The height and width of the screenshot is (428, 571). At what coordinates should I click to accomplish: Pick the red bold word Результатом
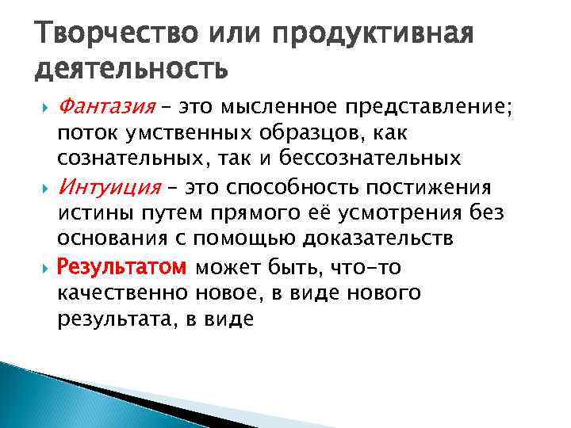click(122, 267)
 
